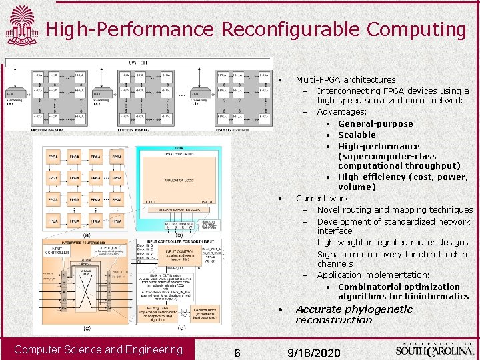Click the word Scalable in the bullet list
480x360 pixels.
pyautogui.click(x=357, y=135)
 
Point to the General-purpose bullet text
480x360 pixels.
pyautogui.click(x=375, y=123)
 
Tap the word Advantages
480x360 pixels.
pyautogui.click(x=341, y=111)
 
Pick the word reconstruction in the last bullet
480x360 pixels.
pyautogui.click(x=334, y=320)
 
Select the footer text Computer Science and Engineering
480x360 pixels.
pyautogui.click(x=98, y=350)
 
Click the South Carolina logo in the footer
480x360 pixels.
pyautogui.click(x=435, y=349)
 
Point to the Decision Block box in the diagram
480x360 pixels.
pyautogui.click(x=207, y=312)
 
